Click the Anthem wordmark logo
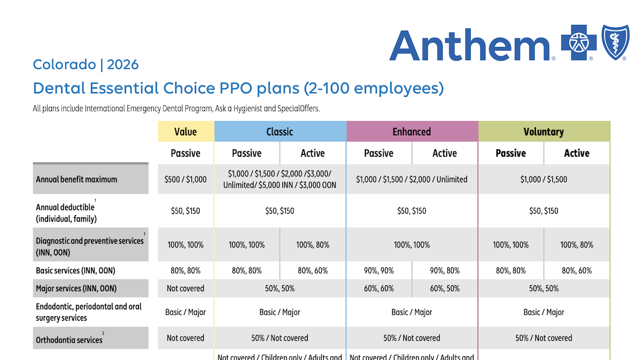pyautogui.click(x=471, y=45)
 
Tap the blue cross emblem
pyautogui.click(x=579, y=43)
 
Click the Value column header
pyautogui.click(x=185, y=132)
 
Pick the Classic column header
pyautogui.click(x=280, y=132)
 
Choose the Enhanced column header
pyautogui.click(x=412, y=132)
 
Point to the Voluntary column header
pyautogui.click(x=544, y=132)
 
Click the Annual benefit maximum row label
pyautogui.click(x=77, y=179)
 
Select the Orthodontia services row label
pyautogui.click(x=69, y=339)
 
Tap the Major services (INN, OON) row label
pyautogui.click(x=76, y=289)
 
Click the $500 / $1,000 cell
pyautogui.click(x=185, y=179)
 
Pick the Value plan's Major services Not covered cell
pyautogui.click(x=185, y=289)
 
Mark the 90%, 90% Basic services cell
pyautogui.click(x=378, y=271)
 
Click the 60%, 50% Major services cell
pyautogui.click(x=444, y=289)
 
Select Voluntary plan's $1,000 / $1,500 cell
pyautogui.click(x=544, y=179)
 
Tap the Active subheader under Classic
pyautogui.click(x=312, y=153)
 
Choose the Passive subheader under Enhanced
pyautogui.click(x=378, y=153)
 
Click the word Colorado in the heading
pyautogui.click(x=64, y=65)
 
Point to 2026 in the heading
pyautogui.click(x=123, y=65)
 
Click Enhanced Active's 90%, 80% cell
pyautogui.click(x=444, y=271)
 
